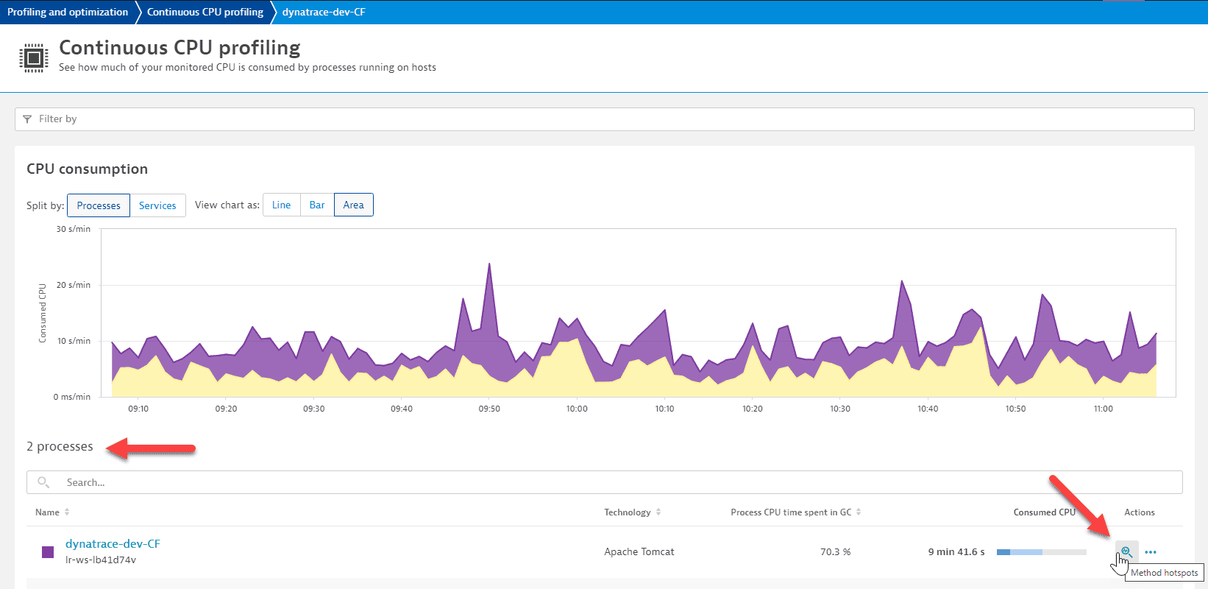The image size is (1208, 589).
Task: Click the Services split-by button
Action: tap(157, 205)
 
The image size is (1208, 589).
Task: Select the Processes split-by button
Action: tap(99, 205)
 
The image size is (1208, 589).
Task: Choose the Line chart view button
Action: tap(281, 205)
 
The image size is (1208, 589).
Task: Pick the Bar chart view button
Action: tap(317, 205)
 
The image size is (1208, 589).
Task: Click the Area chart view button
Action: tap(353, 205)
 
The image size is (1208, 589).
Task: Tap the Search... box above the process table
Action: tap(603, 482)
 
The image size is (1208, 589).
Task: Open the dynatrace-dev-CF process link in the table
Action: tap(113, 543)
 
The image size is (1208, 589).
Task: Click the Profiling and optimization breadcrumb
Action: tap(68, 12)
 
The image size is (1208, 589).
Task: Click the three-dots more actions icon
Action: tap(1151, 551)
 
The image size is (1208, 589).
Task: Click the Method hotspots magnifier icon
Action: tap(1126, 551)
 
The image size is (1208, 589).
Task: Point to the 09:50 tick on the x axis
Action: tap(489, 409)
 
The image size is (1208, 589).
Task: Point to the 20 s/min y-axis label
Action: tap(73, 285)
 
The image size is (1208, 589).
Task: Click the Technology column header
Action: tap(628, 512)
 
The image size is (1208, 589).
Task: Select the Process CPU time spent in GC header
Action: tap(791, 512)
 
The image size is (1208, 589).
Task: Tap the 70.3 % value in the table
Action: tap(835, 551)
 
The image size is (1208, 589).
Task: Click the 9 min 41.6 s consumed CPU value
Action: tap(956, 551)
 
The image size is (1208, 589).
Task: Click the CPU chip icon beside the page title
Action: tap(33, 57)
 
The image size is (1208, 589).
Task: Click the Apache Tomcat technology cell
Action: tap(639, 551)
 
